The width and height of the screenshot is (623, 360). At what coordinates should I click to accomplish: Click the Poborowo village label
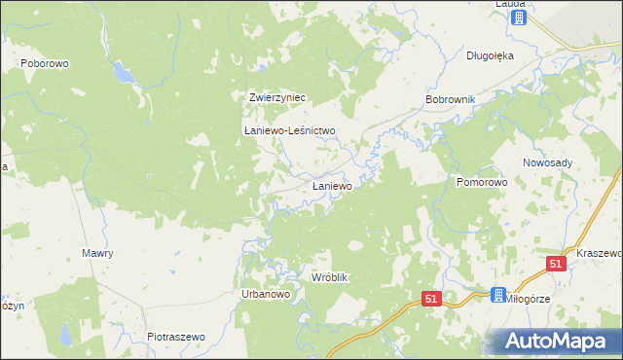click(x=40, y=62)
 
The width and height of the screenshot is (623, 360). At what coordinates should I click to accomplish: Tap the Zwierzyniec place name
click(x=278, y=97)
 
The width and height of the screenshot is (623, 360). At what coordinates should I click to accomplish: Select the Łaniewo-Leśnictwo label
click(x=289, y=130)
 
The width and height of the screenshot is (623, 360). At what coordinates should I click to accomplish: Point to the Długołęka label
click(x=490, y=55)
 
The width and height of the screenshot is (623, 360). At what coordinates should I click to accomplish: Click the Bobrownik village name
click(x=450, y=100)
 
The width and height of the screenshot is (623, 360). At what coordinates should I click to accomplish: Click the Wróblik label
click(x=329, y=277)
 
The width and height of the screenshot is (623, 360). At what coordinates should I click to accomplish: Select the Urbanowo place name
click(x=260, y=294)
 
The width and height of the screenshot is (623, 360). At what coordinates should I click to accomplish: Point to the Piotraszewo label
click(x=176, y=337)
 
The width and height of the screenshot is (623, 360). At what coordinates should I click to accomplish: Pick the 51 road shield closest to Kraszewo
click(x=555, y=264)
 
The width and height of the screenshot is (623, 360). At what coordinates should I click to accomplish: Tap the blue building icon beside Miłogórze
click(x=499, y=296)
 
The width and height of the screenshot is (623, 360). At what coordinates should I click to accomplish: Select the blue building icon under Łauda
click(x=519, y=18)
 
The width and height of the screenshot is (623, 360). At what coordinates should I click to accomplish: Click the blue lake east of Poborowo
click(x=123, y=72)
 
